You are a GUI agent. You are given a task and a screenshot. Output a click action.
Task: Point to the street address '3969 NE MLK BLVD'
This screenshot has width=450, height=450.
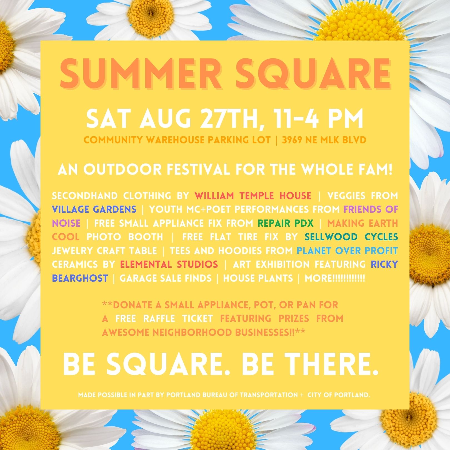(324, 140)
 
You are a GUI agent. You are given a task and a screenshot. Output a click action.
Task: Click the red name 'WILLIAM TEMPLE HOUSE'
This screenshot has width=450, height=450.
(253, 196)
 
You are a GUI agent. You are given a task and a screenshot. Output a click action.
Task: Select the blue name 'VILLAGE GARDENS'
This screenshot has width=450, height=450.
(94, 209)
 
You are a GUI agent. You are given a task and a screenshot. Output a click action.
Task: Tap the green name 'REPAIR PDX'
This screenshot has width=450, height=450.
(286, 223)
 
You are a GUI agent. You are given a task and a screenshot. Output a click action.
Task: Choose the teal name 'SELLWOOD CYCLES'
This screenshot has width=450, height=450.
(351, 237)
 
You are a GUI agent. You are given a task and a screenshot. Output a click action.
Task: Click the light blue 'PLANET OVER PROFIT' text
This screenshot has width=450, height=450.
(347, 251)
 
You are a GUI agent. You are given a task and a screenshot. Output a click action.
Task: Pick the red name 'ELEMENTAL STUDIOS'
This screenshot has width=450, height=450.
(169, 264)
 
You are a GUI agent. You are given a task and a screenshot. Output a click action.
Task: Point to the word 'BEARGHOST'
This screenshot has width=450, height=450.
(80, 278)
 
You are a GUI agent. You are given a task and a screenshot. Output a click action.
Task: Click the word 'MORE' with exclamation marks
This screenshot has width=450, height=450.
(335, 278)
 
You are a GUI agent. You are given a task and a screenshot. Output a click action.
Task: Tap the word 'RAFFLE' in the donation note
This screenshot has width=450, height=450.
(159, 318)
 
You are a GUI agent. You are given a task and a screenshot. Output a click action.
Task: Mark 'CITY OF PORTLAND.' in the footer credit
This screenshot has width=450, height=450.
(339, 395)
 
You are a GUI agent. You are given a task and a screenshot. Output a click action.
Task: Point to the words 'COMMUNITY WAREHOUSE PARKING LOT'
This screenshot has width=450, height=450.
(177, 140)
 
